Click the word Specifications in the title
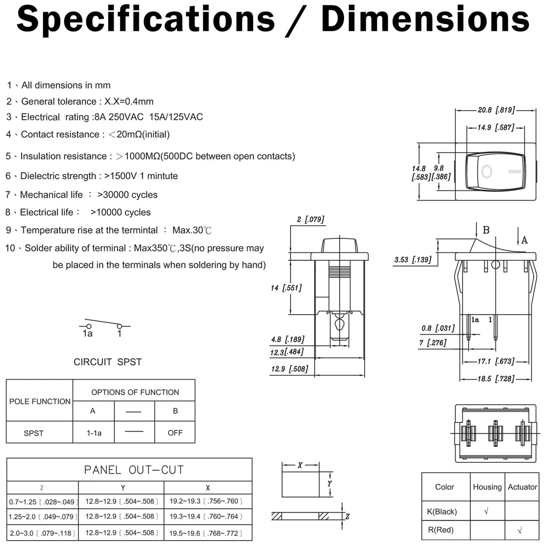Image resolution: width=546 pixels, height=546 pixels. tap(146, 20)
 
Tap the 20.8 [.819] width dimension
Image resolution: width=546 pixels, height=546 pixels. tap(494, 110)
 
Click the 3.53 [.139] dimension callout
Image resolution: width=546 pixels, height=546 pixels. tap(412, 260)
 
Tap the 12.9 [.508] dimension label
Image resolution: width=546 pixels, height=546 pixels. tap(290, 368)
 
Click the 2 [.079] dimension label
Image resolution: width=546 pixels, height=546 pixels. tap(310, 219)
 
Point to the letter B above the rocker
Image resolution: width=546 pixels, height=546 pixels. tap(486, 230)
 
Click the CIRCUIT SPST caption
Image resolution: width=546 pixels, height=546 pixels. tap(108, 362)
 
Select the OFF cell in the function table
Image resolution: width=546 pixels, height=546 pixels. tap(175, 433)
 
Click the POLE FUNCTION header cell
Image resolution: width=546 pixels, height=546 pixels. tap(39, 401)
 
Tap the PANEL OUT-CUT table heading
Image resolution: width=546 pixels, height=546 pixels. tap(134, 470)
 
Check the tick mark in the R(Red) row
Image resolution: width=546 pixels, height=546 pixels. tap(520, 531)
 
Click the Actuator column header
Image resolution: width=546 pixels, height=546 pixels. tap(523, 487)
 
